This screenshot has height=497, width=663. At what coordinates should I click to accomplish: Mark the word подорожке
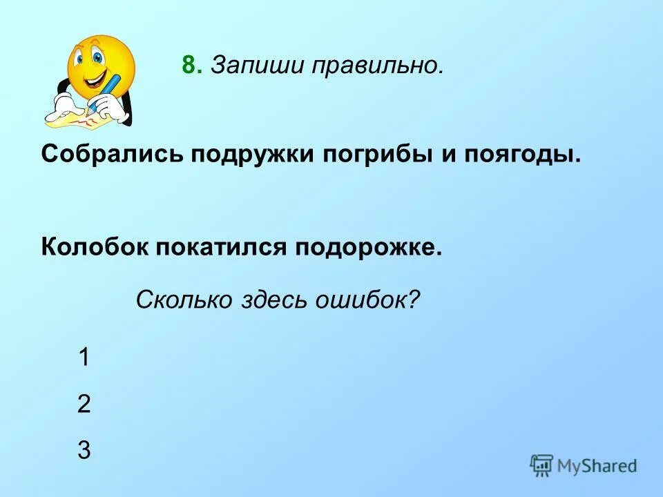369,247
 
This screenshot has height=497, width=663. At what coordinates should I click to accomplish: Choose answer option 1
84,358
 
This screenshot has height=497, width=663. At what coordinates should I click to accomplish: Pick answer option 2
84,404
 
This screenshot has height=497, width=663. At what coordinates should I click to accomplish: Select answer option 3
84,450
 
